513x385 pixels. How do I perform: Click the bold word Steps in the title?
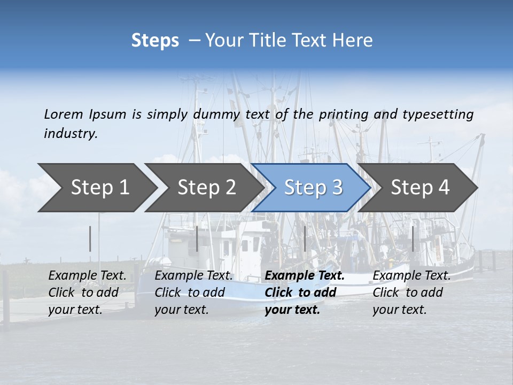coord(155,41)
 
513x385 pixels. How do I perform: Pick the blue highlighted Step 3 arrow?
coord(313,188)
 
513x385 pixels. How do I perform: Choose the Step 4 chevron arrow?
coord(420,188)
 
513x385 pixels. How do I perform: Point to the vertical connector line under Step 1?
coord(90,238)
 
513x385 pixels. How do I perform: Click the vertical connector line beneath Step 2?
coord(197,238)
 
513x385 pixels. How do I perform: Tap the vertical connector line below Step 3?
coord(305,238)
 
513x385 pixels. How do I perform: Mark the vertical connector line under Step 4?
coord(413,238)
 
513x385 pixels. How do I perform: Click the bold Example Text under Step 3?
coord(305,276)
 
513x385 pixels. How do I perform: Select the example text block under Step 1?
coord(87,292)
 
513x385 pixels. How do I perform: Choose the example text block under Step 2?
coord(193,292)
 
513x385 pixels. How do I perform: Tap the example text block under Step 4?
coord(411,292)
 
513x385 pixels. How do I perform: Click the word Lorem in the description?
coord(64,114)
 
